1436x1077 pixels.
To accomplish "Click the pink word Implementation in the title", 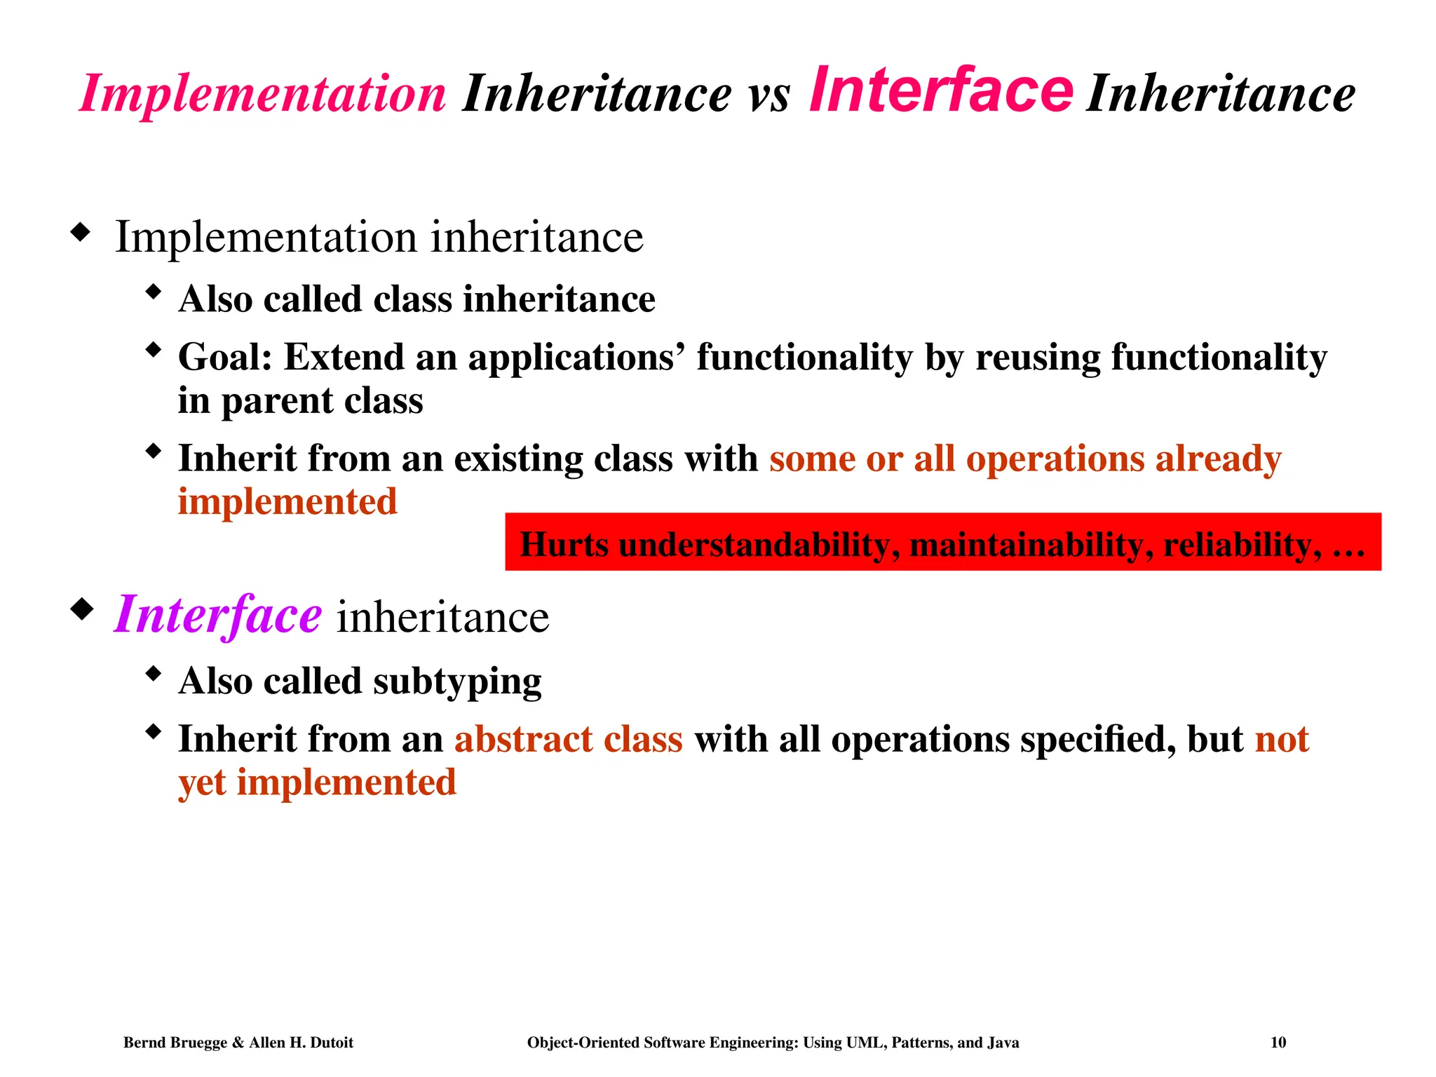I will click(262, 94).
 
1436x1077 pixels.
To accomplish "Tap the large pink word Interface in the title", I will click(940, 90).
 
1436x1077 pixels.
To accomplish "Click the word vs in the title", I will click(769, 95).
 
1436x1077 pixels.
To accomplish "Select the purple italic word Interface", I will click(217, 615).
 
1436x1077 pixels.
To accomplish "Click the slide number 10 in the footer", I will click(1278, 1043).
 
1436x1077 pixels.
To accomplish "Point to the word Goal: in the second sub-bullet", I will click(224, 357).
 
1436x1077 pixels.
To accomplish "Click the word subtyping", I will click(457, 682).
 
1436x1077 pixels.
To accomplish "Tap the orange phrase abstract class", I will click(568, 739).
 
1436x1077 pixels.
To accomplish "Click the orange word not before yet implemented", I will click(1282, 739).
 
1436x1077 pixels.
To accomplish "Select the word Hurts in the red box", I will click(564, 544).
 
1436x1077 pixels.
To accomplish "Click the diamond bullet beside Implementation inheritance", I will click(81, 232).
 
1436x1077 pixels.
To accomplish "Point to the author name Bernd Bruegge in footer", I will click(175, 1043).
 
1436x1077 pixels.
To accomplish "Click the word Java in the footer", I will click(1003, 1043).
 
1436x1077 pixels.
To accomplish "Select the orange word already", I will click(1218, 459).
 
